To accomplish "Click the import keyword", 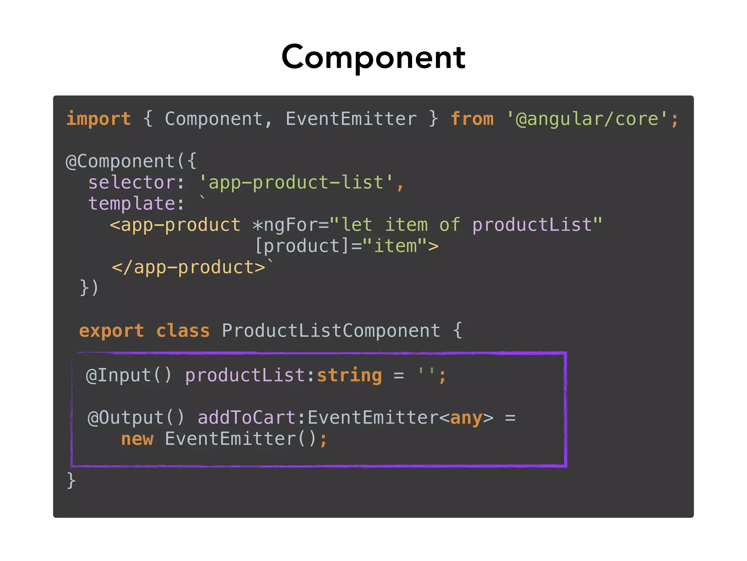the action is point(98,119).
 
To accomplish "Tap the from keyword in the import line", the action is point(472,119).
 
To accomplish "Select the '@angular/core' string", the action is point(587,119).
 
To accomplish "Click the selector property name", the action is point(132,182).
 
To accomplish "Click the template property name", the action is point(132,203).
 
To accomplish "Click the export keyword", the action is point(111,331).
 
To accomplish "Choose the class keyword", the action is point(183,331).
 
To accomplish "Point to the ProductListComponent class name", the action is point(331,331).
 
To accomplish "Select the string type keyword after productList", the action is point(349,375).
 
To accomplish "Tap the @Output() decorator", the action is point(136,418).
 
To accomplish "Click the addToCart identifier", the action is point(247,418).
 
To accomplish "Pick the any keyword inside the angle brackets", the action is point(466,418).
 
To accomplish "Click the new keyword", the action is point(137,439).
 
